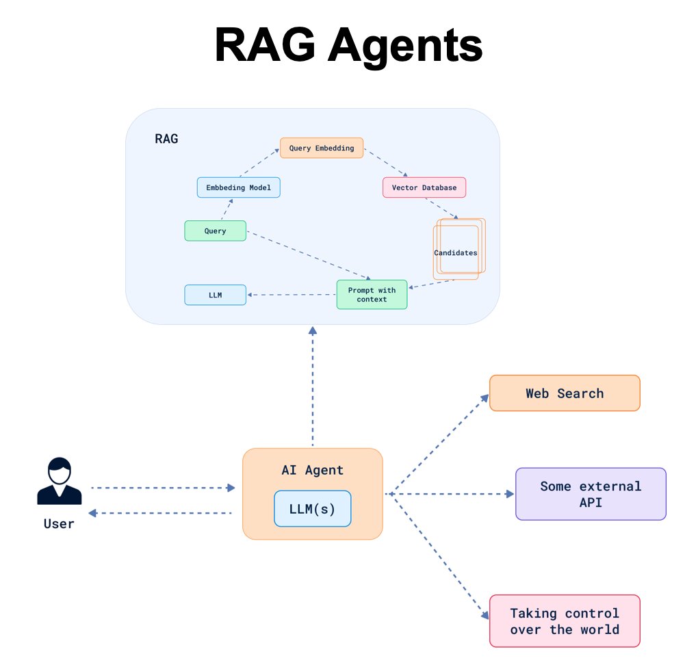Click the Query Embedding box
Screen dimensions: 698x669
[x=322, y=148]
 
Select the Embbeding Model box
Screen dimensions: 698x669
[x=239, y=187]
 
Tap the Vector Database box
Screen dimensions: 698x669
[x=424, y=187]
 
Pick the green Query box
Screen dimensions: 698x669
[x=216, y=231]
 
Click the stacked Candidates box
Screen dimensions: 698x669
[x=459, y=249]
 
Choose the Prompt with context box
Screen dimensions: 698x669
[x=372, y=294]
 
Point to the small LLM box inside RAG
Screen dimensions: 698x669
[x=216, y=295]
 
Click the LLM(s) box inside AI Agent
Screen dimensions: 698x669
[x=313, y=509]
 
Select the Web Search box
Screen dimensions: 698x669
[x=565, y=393]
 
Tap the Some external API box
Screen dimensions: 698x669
[x=591, y=494]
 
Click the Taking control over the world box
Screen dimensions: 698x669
[x=565, y=621]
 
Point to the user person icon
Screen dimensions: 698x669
[x=60, y=482]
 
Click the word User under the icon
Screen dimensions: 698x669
[x=59, y=524]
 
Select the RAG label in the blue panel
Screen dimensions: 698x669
[x=166, y=139]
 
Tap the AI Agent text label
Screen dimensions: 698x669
[x=313, y=470]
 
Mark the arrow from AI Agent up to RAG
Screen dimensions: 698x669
[x=313, y=386]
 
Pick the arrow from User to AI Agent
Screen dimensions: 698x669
[x=163, y=488]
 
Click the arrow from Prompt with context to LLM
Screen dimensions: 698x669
[x=292, y=295]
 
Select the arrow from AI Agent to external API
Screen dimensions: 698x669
[x=450, y=494]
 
